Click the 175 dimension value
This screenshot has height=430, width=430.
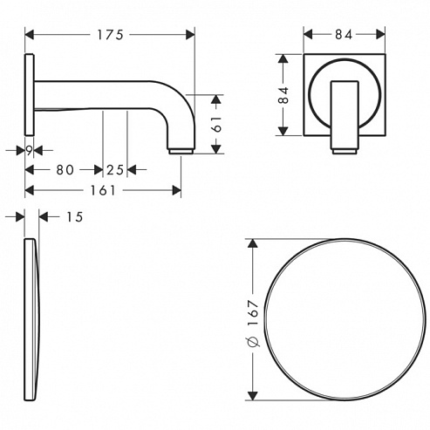coord(110,35)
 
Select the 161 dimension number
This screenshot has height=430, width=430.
coord(103,190)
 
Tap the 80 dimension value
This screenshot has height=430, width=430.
coord(65,170)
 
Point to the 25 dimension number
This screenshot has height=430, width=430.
coord(115,170)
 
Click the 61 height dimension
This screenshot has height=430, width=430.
coord(217,125)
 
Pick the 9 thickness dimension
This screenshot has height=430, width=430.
coord(29,151)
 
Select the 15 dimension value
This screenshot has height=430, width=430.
coord(75,217)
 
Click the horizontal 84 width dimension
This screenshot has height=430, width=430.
coord(344,35)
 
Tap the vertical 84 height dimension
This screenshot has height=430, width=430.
coord(283,95)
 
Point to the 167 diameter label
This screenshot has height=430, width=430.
coord(254,313)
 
